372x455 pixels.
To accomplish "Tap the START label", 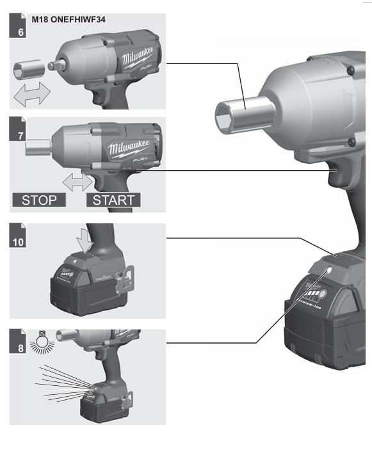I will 113,200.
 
